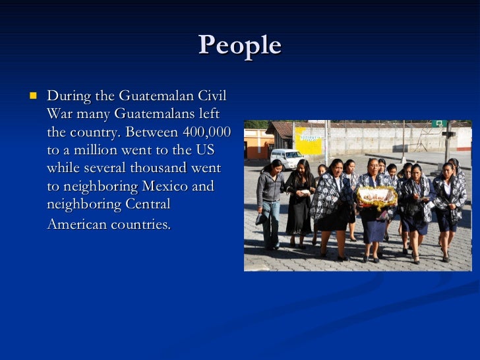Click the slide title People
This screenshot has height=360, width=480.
[x=239, y=45]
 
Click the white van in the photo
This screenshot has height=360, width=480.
[x=287, y=158]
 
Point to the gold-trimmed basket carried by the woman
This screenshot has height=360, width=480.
[x=376, y=195]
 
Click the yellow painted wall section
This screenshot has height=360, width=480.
[x=309, y=140]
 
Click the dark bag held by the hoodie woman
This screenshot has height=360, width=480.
[x=262, y=218]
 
